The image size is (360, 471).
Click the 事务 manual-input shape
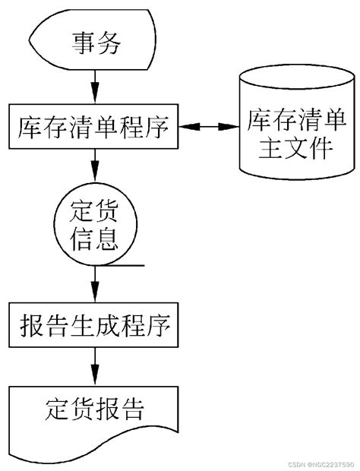click(94, 41)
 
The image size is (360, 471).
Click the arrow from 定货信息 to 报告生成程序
click(94, 284)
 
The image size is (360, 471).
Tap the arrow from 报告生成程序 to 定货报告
click(94, 366)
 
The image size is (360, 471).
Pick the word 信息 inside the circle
click(94, 239)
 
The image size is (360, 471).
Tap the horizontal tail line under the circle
click(122, 266)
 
